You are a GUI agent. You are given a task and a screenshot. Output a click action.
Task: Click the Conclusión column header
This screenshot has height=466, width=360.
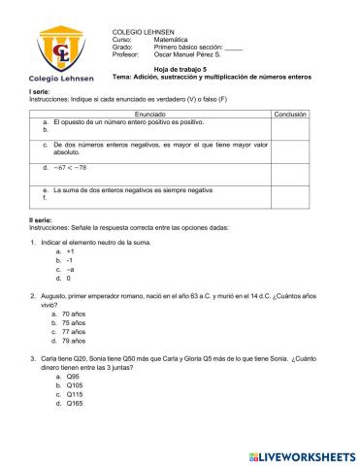click(290, 114)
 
